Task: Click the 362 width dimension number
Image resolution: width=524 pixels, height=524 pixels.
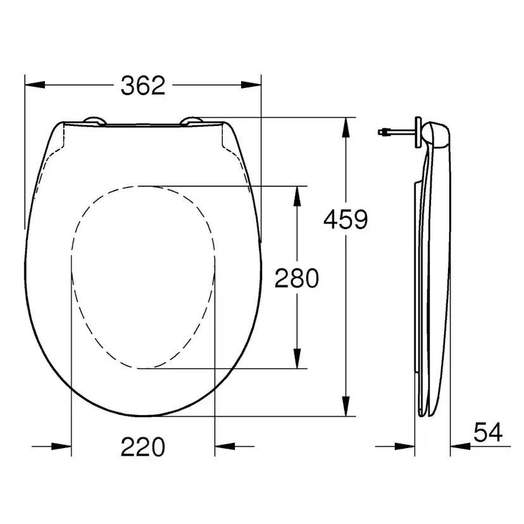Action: pyautogui.click(x=142, y=85)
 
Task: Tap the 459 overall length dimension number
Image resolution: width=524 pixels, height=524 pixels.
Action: pyautogui.click(x=345, y=220)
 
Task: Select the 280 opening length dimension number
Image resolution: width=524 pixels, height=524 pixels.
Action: pyautogui.click(x=296, y=278)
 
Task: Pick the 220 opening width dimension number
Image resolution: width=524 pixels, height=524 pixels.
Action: pyautogui.click(x=142, y=447)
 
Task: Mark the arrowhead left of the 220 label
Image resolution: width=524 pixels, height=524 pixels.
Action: pyautogui.click(x=62, y=447)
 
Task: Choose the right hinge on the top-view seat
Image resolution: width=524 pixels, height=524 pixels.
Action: pyautogui.click(x=193, y=121)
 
